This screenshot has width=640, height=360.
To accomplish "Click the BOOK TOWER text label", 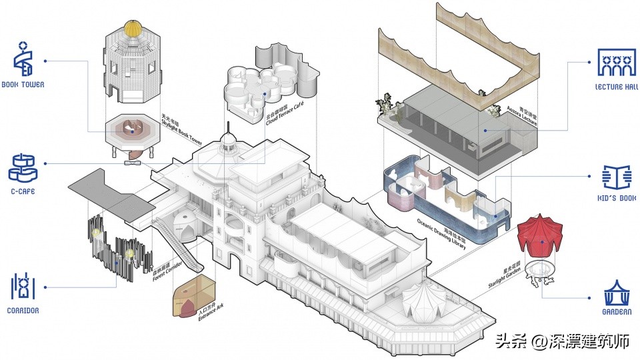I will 23,85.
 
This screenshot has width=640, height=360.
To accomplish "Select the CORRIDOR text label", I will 24,311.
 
